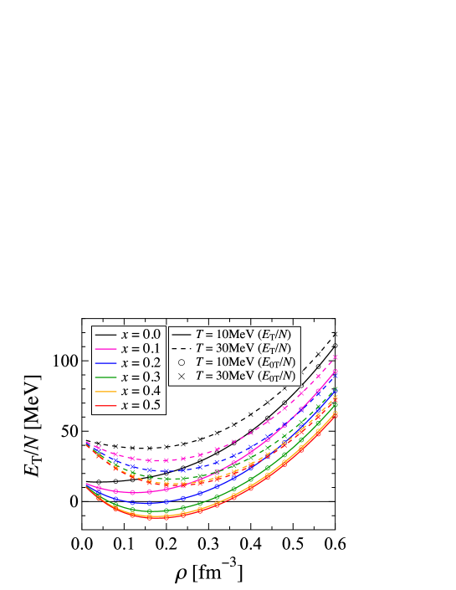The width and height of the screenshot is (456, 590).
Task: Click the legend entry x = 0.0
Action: [x=140, y=334]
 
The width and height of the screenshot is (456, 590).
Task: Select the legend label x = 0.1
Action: [x=140, y=348]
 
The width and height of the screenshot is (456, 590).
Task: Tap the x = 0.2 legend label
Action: [x=140, y=363]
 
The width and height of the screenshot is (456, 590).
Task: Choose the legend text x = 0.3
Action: [x=140, y=377]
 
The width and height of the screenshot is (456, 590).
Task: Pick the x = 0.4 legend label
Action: [x=140, y=392]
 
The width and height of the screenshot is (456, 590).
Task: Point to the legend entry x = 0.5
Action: [x=140, y=406]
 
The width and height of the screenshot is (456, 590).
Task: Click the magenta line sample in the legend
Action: [x=105, y=348]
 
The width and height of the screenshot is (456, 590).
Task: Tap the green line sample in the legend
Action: [x=105, y=377]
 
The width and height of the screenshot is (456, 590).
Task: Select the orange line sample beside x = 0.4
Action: [x=105, y=392]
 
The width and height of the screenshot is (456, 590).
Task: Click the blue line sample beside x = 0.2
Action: [x=105, y=363]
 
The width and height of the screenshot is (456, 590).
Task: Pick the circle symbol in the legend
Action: [x=182, y=362]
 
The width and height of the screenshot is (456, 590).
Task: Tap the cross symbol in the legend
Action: [x=182, y=377]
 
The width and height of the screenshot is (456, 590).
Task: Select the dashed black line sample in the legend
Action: [x=182, y=348]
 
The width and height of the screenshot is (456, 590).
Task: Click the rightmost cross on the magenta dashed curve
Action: [x=336, y=357]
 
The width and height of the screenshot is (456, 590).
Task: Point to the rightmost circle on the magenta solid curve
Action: [x=336, y=372]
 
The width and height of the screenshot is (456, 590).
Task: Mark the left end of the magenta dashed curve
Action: [x=86, y=443]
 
